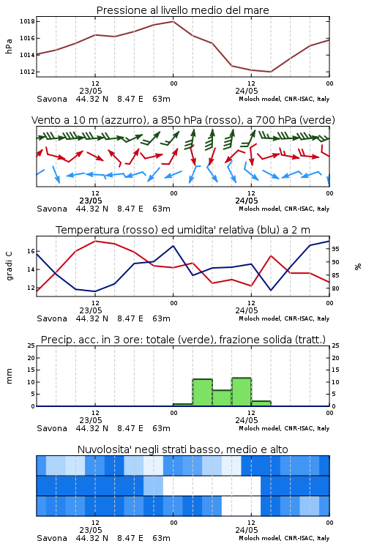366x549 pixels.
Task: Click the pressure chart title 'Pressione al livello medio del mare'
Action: (x=183, y=10)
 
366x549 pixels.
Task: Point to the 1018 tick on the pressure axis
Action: (x=27, y=21)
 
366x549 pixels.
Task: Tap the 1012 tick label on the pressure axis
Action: (x=27, y=72)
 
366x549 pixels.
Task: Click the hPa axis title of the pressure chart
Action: (x=9, y=46)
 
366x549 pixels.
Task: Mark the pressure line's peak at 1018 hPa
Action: (x=173, y=21)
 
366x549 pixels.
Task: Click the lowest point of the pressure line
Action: (x=270, y=72)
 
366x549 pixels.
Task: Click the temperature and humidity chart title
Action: (x=183, y=230)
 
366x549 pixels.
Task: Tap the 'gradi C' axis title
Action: (x=10, y=266)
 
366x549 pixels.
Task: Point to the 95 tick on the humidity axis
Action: (x=335, y=249)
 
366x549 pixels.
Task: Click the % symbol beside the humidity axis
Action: (x=358, y=266)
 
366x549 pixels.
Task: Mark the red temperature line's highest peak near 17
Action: (x=95, y=241)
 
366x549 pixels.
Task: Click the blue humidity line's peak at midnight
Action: (x=173, y=246)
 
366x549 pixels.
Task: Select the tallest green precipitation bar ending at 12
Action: (x=242, y=392)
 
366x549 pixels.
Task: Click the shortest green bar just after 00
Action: (x=183, y=405)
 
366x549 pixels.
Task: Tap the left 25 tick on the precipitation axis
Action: (x=31, y=346)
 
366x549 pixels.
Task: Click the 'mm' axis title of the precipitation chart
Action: (x=9, y=376)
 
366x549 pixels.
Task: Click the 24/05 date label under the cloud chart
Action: (x=247, y=530)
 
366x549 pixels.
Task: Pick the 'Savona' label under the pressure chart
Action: (x=52, y=99)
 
